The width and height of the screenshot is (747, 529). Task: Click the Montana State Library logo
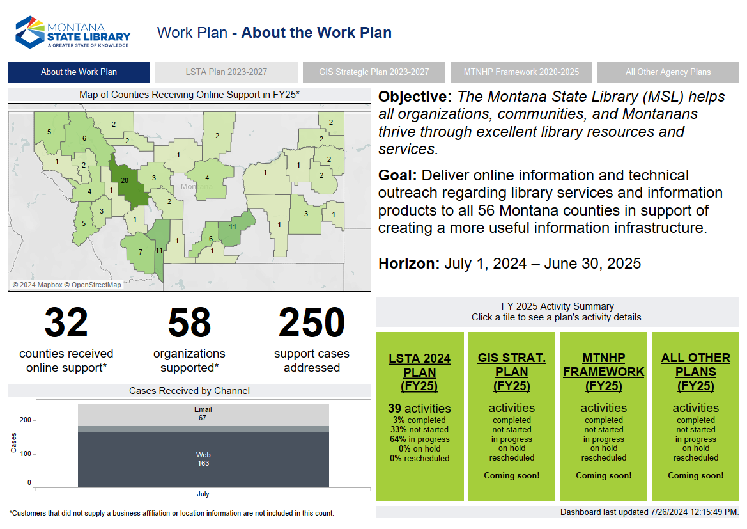tap(73, 33)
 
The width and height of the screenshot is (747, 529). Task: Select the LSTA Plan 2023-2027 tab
tap(226, 72)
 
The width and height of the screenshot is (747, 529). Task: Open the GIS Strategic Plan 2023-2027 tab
tap(374, 72)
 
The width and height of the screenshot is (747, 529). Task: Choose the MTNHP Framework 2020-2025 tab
tap(521, 72)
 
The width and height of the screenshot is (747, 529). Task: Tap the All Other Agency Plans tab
tap(668, 72)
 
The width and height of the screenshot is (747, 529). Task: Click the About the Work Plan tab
tap(79, 72)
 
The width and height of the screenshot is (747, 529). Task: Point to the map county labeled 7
tap(139, 252)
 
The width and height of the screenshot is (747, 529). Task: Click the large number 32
tap(66, 323)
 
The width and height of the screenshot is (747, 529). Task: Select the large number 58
tap(189, 323)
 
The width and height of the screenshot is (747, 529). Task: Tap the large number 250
tap(312, 323)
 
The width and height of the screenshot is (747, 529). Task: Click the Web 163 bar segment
tap(203, 460)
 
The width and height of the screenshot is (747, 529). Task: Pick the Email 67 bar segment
tap(203, 415)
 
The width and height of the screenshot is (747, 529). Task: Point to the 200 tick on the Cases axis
tap(26, 420)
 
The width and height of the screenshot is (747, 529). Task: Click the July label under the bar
tap(203, 494)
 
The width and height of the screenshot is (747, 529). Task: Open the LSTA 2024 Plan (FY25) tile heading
tap(419, 372)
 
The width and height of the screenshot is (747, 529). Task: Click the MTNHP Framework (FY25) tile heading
tap(604, 372)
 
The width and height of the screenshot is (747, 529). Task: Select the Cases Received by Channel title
tap(189, 391)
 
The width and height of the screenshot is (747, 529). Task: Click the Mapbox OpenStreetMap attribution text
tap(66, 285)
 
